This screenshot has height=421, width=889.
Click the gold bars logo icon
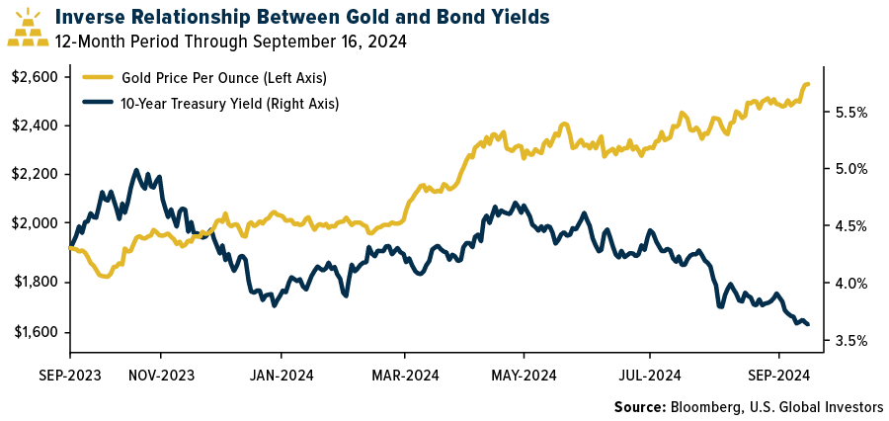click(x=28, y=28)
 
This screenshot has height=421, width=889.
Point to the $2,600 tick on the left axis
click(x=38, y=77)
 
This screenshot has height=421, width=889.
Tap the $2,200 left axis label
click(x=38, y=175)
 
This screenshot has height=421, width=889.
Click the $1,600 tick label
click(x=38, y=332)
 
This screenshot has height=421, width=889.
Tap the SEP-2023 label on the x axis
click(x=69, y=375)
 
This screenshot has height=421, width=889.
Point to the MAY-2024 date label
click(x=525, y=375)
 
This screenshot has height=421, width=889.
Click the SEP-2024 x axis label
click(x=779, y=375)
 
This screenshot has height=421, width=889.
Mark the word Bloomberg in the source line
click(x=704, y=407)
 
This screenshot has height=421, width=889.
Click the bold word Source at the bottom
click(x=639, y=407)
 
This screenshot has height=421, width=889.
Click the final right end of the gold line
click(x=808, y=84)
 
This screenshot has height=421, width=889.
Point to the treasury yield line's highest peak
click(x=136, y=171)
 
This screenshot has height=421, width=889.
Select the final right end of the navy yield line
click(x=808, y=323)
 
